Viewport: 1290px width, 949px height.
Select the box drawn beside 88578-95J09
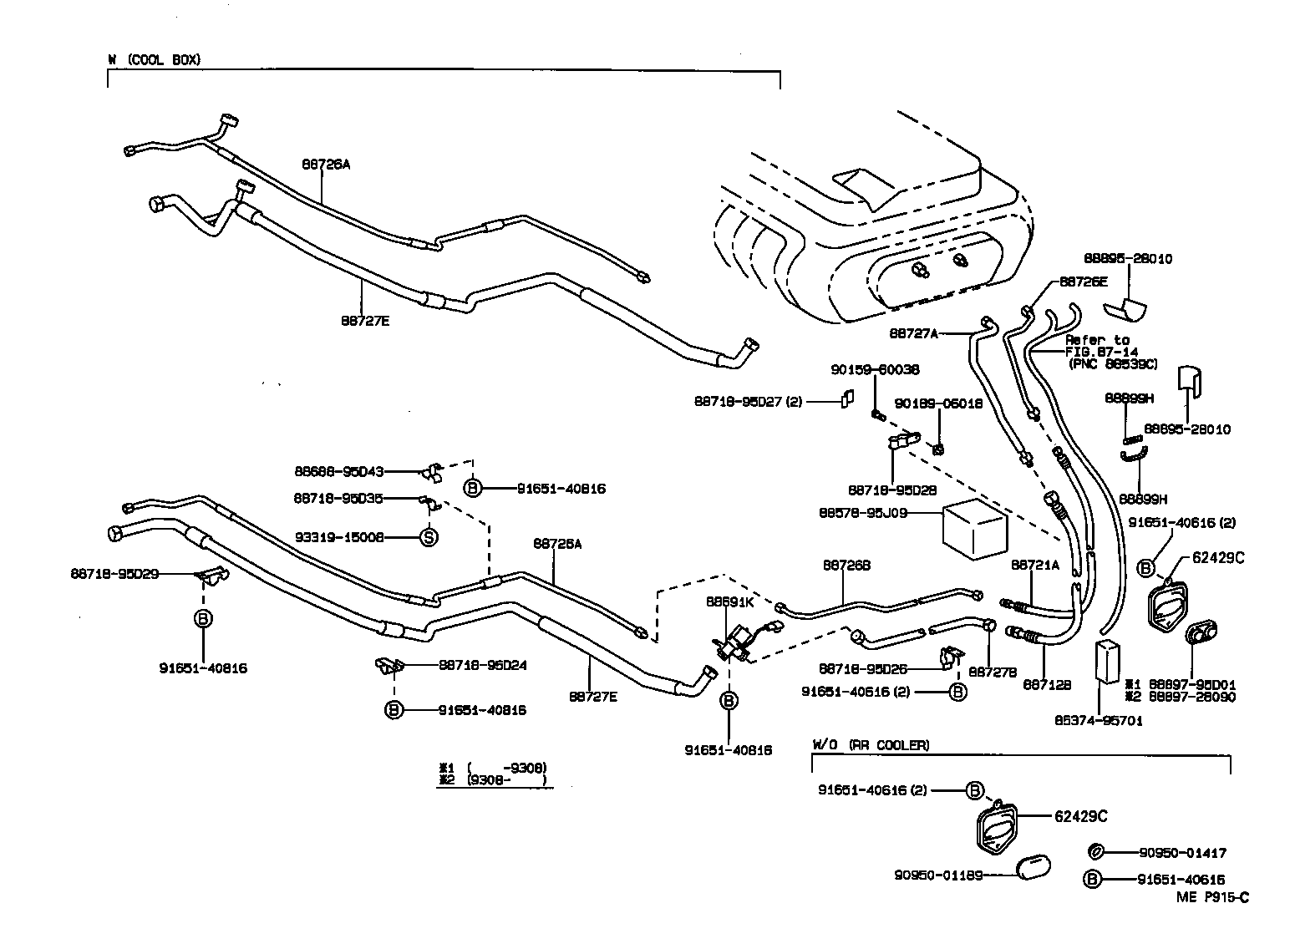(x=974, y=530)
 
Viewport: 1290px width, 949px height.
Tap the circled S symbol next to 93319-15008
(x=428, y=537)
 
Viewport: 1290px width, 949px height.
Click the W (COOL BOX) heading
(x=155, y=60)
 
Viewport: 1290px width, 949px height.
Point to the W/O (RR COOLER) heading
(x=871, y=744)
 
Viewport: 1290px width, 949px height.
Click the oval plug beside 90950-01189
(x=1034, y=868)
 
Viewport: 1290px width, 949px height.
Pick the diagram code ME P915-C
(x=1212, y=897)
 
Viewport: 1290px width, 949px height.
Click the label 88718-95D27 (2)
(x=747, y=401)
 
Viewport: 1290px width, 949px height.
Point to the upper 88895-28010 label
(x=1127, y=259)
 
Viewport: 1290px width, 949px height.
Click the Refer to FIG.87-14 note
(x=1106, y=352)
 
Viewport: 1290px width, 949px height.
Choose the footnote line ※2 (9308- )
(x=493, y=780)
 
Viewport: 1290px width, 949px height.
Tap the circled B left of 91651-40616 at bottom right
(x=1090, y=879)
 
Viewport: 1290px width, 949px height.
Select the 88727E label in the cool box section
(x=365, y=319)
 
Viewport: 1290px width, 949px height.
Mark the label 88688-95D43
(x=338, y=472)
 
